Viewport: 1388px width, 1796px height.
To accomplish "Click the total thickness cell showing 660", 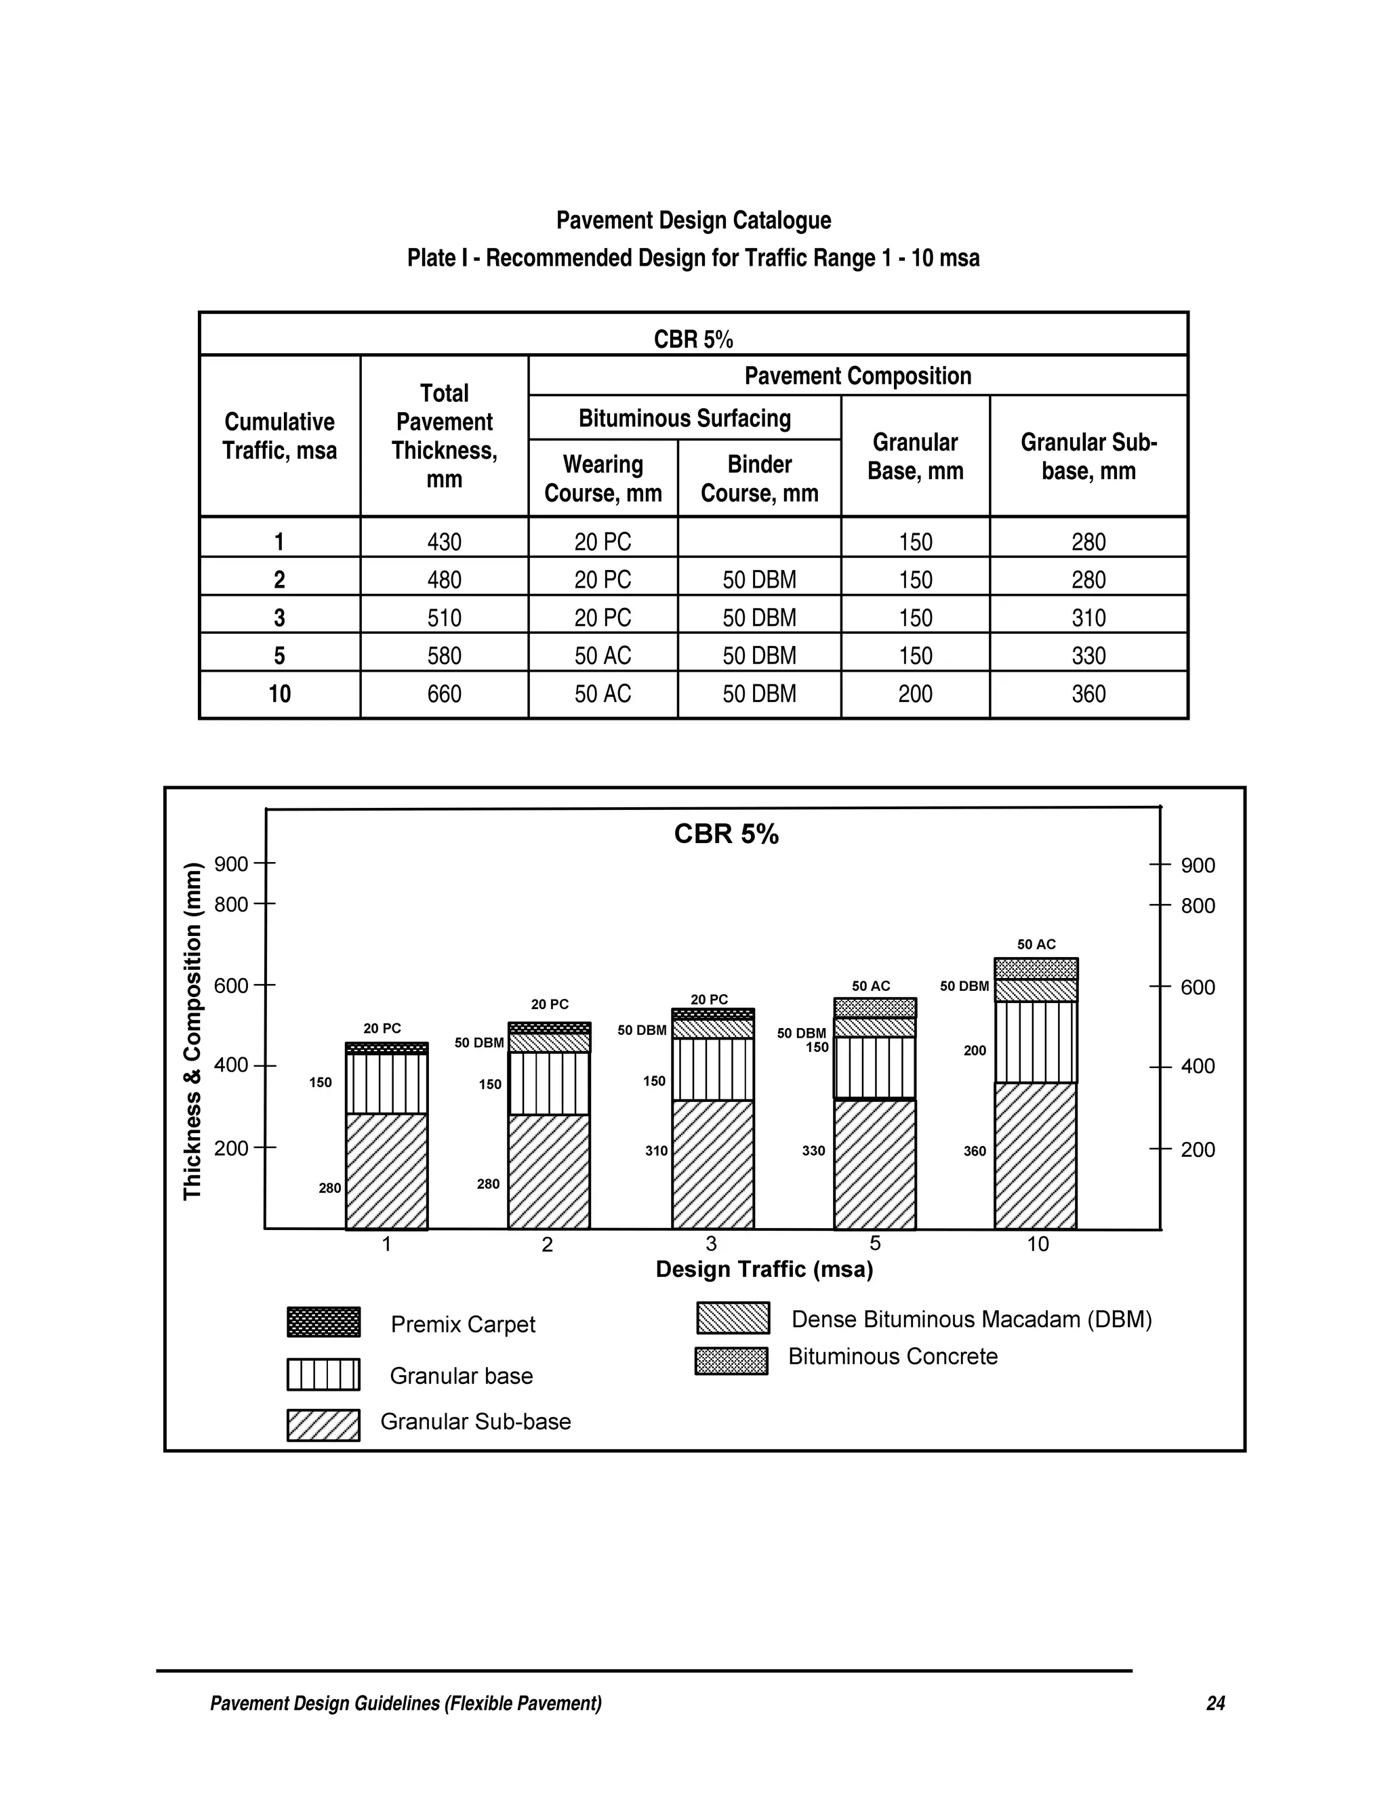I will click(x=444, y=694).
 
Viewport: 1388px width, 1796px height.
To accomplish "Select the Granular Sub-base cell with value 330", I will click(x=1088, y=655).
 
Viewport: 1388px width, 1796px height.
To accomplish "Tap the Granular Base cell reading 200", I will click(x=914, y=694).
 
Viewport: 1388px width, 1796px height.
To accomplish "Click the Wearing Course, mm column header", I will click(x=603, y=478).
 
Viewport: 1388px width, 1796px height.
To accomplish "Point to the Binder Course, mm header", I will click(x=759, y=478).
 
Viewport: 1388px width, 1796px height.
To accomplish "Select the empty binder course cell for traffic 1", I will click(x=759, y=540).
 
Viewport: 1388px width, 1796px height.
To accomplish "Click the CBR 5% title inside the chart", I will click(x=726, y=834).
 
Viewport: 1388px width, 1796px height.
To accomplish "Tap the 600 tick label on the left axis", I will click(x=231, y=985).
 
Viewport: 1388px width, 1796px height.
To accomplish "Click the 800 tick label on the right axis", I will click(x=1198, y=905).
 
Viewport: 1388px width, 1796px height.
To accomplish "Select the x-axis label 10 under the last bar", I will click(x=1038, y=1244).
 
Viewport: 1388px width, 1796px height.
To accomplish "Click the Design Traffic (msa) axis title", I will click(x=764, y=1269).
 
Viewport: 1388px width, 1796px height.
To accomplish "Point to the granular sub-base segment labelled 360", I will click(x=1036, y=1156).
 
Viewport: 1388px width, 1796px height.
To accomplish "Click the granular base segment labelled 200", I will click(x=1036, y=1042).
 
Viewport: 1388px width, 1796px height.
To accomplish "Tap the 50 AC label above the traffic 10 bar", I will click(x=1036, y=944).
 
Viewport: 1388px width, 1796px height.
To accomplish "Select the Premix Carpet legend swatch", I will click(x=323, y=1322).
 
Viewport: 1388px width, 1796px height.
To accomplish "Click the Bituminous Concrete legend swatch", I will click(x=731, y=1361).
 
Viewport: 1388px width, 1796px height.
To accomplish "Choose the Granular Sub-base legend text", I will click(x=475, y=1421).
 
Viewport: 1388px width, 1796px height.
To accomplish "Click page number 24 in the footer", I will click(x=1215, y=1703).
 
